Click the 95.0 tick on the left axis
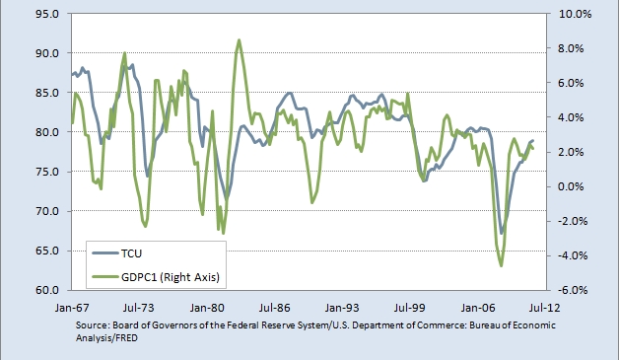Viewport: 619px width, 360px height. pyautogui.click(x=47, y=14)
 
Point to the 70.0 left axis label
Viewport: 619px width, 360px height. pyautogui.click(x=47, y=211)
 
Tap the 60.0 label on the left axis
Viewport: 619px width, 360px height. pyautogui.click(x=47, y=290)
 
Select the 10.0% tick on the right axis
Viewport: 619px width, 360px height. pyautogui.click(x=576, y=14)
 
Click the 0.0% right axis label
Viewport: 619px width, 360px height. pyautogui.click(x=571, y=186)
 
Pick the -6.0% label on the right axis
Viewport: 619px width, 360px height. pyautogui.click(x=573, y=290)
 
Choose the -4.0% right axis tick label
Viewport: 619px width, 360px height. pyautogui.click(x=573, y=255)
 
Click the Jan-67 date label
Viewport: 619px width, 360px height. pyautogui.click(x=72, y=308)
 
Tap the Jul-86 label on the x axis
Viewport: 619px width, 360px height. pyautogui.click(x=275, y=308)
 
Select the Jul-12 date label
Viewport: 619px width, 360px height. pyautogui.click(x=545, y=308)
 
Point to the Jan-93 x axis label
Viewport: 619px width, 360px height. pyautogui.click(x=342, y=308)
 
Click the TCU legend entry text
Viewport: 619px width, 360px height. pyautogui.click(x=131, y=253)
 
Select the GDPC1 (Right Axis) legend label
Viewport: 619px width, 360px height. pyautogui.click(x=171, y=277)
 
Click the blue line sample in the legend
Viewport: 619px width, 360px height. pyautogui.click(x=105, y=252)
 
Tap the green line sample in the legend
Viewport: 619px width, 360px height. pyautogui.click(x=105, y=276)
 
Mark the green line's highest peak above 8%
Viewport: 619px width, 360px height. pyautogui.click(x=239, y=39)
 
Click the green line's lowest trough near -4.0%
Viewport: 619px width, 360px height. pyautogui.click(x=502, y=265)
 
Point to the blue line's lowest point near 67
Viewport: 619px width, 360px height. pyautogui.click(x=502, y=233)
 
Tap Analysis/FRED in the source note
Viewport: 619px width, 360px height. pyautogui.click(x=106, y=338)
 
